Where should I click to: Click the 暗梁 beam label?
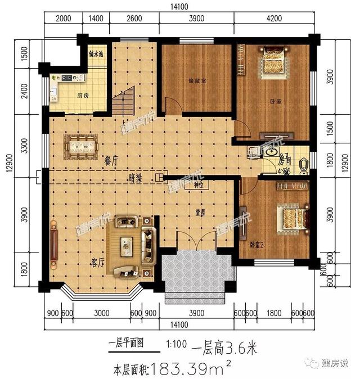[x=136, y=179]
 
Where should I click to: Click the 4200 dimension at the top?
[x=273, y=18]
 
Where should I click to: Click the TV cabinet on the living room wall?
[x=54, y=244]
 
